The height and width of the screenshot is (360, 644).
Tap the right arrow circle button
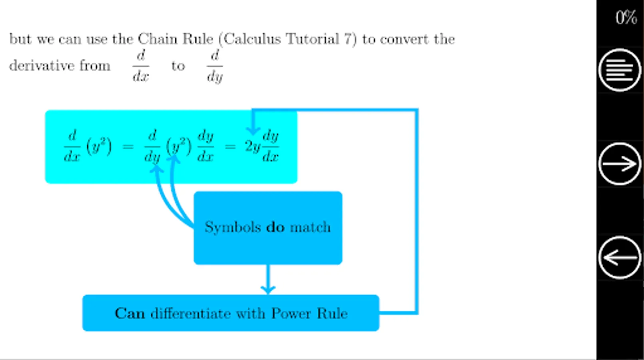click(x=620, y=164)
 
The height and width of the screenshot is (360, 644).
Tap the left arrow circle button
click(x=620, y=258)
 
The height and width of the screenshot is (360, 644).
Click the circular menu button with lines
click(x=620, y=70)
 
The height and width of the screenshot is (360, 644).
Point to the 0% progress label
click(x=626, y=18)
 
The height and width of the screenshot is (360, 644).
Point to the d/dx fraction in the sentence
click(x=141, y=66)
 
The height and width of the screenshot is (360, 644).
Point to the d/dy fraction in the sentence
click(x=215, y=66)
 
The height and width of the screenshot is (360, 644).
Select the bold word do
click(x=275, y=227)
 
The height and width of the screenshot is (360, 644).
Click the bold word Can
click(x=130, y=313)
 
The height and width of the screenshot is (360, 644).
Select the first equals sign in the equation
click(x=128, y=147)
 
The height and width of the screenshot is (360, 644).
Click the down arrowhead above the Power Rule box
click(x=268, y=288)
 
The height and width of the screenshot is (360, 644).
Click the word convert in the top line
click(x=405, y=39)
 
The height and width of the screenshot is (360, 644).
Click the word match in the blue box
click(x=310, y=227)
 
